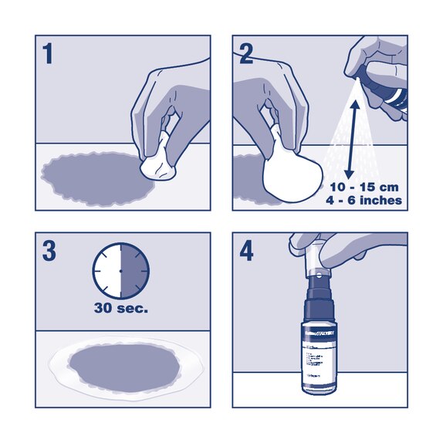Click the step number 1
[x=48, y=55]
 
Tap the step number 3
[x=49, y=252]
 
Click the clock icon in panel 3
[x=120, y=272]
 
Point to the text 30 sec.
[x=120, y=310]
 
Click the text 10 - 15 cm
[x=363, y=188]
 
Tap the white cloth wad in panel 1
[x=161, y=163]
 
